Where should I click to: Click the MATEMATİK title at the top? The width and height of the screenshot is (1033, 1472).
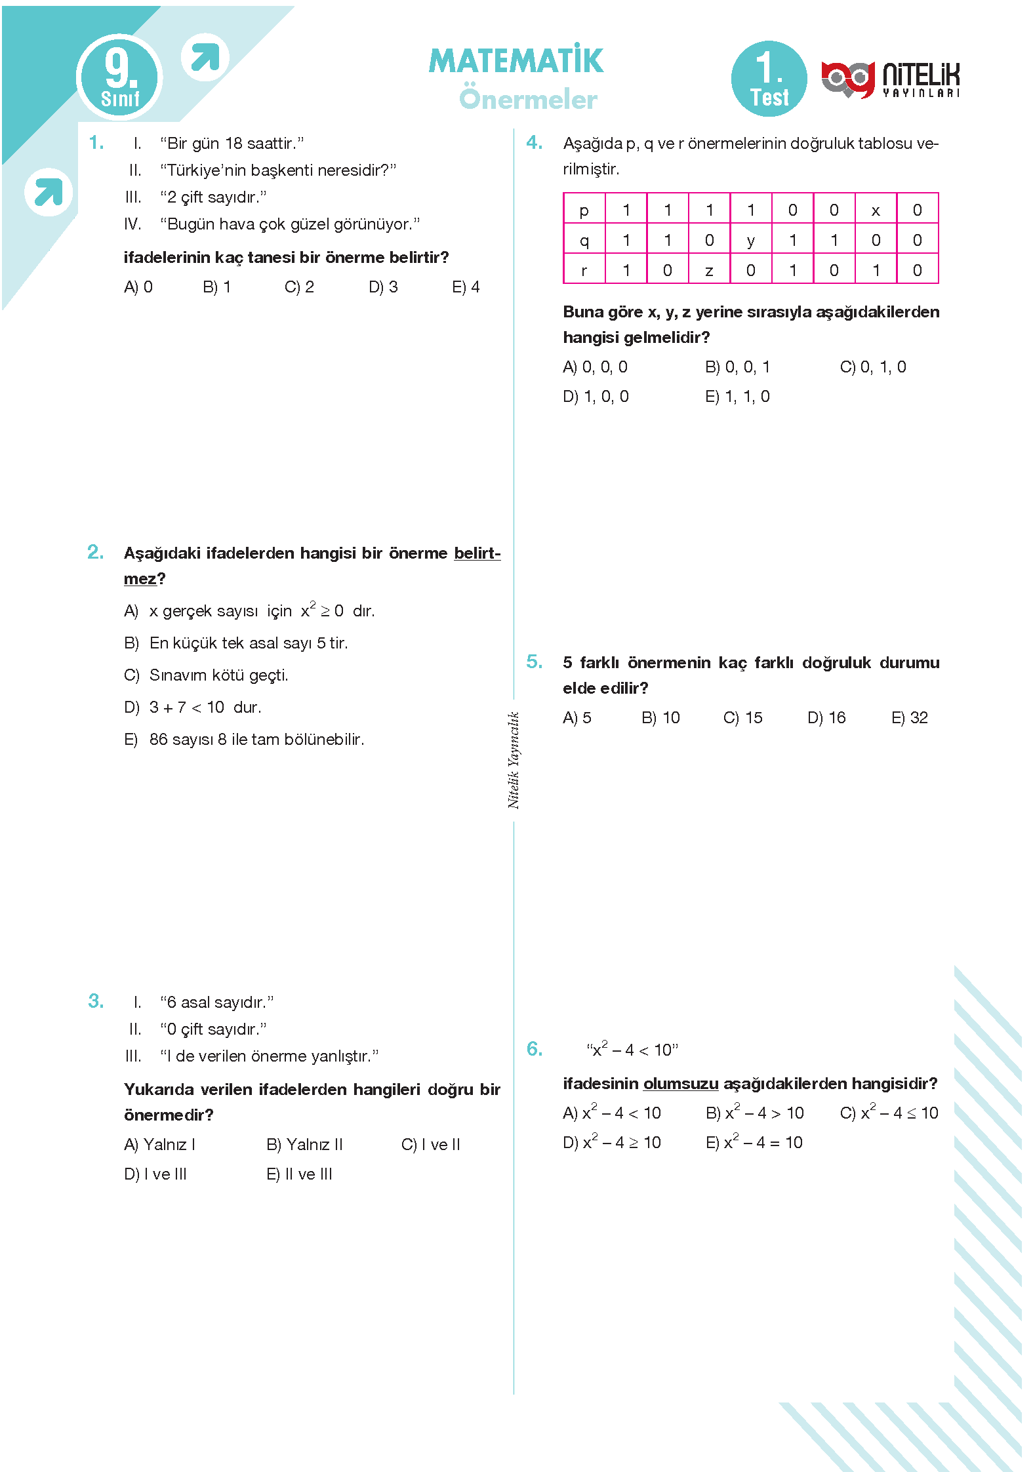516,61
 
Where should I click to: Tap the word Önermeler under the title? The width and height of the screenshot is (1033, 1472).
528,99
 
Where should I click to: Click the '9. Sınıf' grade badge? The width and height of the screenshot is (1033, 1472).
120,77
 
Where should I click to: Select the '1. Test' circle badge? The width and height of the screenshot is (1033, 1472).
769,79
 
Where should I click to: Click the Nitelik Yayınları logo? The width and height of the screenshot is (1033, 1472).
890,79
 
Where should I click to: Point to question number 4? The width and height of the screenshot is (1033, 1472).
534,142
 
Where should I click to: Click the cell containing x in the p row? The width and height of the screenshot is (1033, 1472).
876,210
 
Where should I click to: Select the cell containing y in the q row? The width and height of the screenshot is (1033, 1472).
751,241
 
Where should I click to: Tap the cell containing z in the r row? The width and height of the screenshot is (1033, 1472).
709,270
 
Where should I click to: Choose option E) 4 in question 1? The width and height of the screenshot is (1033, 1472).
466,287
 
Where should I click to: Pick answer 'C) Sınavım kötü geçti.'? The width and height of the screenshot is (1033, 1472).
207,675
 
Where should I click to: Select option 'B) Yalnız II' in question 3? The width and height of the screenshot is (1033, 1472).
304,1144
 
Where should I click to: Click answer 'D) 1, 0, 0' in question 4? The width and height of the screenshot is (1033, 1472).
596,396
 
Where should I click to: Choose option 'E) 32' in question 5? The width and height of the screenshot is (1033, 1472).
909,717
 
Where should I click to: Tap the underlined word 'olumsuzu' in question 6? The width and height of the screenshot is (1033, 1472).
681,1083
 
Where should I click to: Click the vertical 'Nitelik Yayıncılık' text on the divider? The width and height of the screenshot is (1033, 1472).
514,760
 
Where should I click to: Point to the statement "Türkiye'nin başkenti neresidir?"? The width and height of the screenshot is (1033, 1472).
278,170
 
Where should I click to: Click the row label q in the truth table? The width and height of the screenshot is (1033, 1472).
584,241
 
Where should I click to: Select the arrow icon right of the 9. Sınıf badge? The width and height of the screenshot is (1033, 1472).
205,57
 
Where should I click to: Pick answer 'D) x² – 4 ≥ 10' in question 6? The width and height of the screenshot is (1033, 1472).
612,1142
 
